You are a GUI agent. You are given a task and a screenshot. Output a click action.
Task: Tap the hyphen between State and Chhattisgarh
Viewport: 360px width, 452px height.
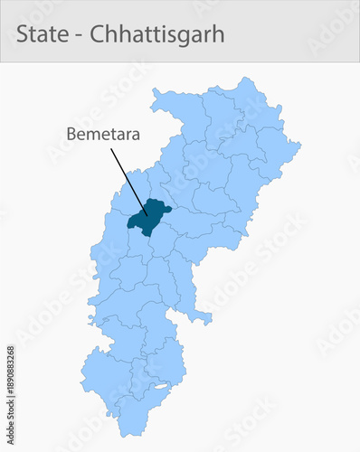click(x=76, y=36)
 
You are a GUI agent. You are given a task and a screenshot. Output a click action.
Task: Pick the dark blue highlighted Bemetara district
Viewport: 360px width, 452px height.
click(x=147, y=217)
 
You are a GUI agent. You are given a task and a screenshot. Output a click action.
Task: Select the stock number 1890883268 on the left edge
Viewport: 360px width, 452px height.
click(x=10, y=372)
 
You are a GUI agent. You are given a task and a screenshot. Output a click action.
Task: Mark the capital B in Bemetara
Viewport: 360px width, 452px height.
click(x=71, y=134)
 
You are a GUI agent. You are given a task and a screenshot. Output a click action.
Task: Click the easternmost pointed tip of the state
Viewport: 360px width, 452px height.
click(x=299, y=143)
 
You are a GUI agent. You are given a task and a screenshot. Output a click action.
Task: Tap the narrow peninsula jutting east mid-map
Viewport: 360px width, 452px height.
click(x=204, y=317)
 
